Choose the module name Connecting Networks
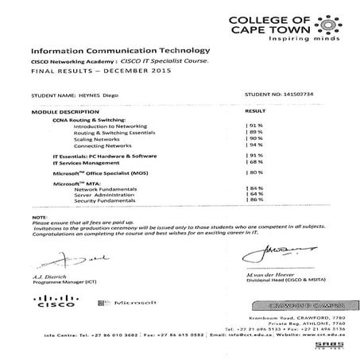(101, 146)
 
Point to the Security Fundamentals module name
(105, 200)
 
